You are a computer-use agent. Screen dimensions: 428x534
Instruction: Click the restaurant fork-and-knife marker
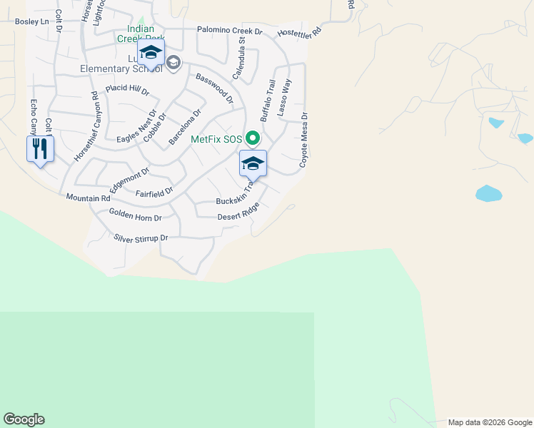[40, 149]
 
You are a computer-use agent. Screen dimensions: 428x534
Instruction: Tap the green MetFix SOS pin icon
[252, 138]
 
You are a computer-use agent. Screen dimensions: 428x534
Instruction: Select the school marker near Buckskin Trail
[253, 163]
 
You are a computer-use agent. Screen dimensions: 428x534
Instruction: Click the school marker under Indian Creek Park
[151, 52]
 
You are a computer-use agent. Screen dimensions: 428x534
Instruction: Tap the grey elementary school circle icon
[173, 63]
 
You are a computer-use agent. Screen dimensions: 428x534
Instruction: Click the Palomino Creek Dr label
[230, 32]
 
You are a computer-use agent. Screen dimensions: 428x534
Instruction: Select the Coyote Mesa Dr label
[303, 140]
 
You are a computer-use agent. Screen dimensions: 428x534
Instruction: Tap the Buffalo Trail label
[268, 100]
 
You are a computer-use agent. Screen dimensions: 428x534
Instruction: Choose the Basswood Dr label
[214, 88]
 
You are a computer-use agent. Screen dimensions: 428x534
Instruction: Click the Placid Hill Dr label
[127, 91]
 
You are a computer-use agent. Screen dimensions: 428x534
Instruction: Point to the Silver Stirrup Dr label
[141, 238]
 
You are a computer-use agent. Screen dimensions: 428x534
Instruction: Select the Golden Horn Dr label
[136, 215]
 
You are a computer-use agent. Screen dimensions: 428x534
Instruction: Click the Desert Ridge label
[238, 212]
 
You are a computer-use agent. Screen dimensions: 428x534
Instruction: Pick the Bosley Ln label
[33, 22]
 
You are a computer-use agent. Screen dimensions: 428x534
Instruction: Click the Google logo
[24, 419]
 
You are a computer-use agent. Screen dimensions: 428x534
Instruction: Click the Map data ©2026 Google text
[489, 422]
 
